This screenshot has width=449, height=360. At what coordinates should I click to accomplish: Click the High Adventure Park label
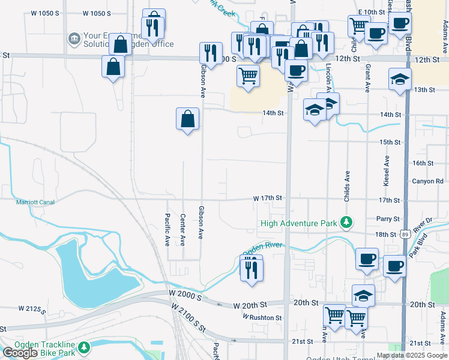[299, 224]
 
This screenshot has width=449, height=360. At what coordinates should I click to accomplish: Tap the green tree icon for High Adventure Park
[346, 223]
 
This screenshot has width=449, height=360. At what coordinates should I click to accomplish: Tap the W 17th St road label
[267, 198]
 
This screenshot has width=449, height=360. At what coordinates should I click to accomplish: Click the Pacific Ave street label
[168, 230]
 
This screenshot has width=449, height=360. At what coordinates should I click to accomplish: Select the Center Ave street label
[183, 230]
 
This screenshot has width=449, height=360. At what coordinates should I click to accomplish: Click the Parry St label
[388, 219]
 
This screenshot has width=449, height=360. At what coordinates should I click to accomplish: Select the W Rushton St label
[262, 317]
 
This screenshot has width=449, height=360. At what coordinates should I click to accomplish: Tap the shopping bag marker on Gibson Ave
[187, 119]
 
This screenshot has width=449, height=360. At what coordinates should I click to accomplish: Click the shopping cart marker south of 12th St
[248, 77]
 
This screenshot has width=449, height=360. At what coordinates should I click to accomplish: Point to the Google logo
[20, 353]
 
